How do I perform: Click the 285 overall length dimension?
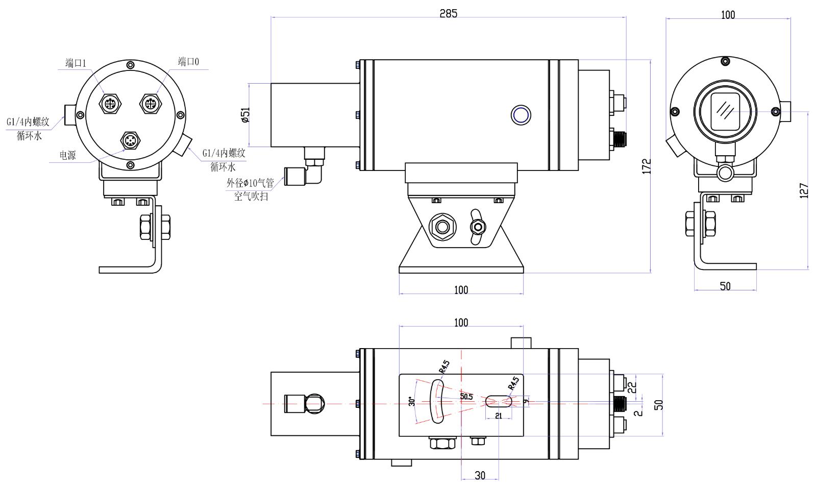(x=449, y=14)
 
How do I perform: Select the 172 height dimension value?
(x=647, y=166)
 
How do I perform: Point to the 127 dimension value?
(x=804, y=191)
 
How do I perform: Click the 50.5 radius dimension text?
(x=466, y=396)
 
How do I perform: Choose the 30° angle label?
(x=411, y=401)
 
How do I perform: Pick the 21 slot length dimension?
(x=499, y=416)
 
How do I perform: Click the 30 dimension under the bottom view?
(x=480, y=475)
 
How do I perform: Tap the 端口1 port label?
(x=76, y=63)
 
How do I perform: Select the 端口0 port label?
(x=188, y=62)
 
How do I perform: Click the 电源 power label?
(x=67, y=155)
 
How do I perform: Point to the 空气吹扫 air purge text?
(x=251, y=195)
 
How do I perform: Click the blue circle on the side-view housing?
(x=521, y=114)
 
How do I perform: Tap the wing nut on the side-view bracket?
(x=477, y=225)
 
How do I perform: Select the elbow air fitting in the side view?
(x=310, y=173)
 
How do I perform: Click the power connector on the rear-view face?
(x=130, y=141)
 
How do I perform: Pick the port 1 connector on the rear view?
(x=109, y=104)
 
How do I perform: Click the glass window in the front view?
(x=725, y=111)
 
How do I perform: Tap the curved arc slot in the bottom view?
(x=437, y=401)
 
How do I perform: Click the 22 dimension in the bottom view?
(x=632, y=387)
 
